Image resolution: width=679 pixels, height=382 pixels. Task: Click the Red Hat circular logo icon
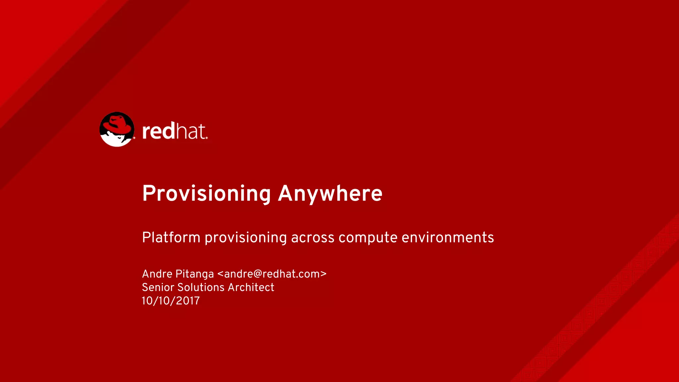pyautogui.click(x=117, y=129)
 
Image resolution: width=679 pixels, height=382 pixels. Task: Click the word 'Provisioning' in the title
pyautogui.click(x=207, y=194)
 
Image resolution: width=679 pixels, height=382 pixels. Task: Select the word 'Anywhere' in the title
pyautogui.click(x=330, y=194)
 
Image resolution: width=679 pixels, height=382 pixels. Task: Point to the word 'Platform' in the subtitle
pyautogui.click(x=171, y=238)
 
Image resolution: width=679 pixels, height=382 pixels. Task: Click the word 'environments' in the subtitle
pyautogui.click(x=448, y=238)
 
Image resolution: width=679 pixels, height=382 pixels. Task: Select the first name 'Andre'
pyautogui.click(x=157, y=274)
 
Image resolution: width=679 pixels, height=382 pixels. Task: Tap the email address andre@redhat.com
pyautogui.click(x=272, y=274)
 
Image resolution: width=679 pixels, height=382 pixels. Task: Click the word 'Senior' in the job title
pyautogui.click(x=158, y=287)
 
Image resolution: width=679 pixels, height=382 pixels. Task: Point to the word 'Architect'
pyautogui.click(x=251, y=287)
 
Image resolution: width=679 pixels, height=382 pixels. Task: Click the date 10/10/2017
pyautogui.click(x=171, y=301)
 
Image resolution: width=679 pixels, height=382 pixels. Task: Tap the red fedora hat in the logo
pyautogui.click(x=117, y=125)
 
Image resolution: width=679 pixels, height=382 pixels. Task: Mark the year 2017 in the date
pyautogui.click(x=188, y=301)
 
